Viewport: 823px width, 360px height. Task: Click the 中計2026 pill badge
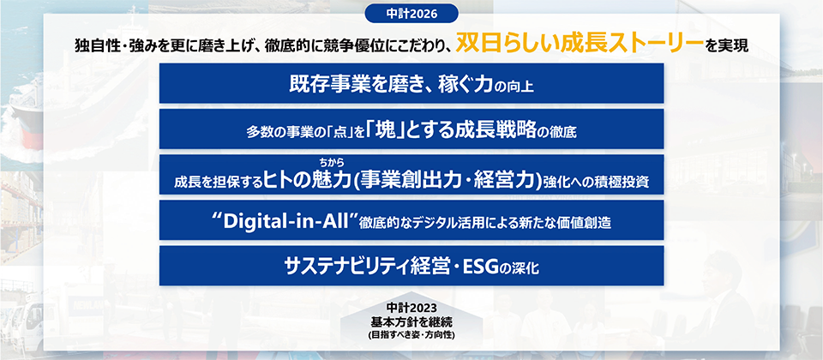[411, 15]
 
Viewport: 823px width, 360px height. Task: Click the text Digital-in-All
[286, 222]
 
